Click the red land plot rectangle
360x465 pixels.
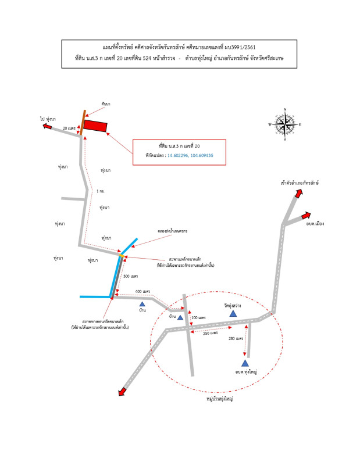tap(96, 126)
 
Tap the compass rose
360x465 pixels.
tap(285, 124)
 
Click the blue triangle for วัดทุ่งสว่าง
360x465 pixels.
tap(233, 313)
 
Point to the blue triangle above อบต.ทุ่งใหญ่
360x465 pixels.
tap(245, 363)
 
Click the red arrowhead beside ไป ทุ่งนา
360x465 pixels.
tap(47, 123)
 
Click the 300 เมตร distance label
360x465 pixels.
tap(130, 276)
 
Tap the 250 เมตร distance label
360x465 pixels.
tap(211, 333)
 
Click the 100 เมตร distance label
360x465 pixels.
tap(198, 318)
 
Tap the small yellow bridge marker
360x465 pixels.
tap(121, 255)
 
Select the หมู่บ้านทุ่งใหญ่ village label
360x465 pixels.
tap(220, 399)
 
